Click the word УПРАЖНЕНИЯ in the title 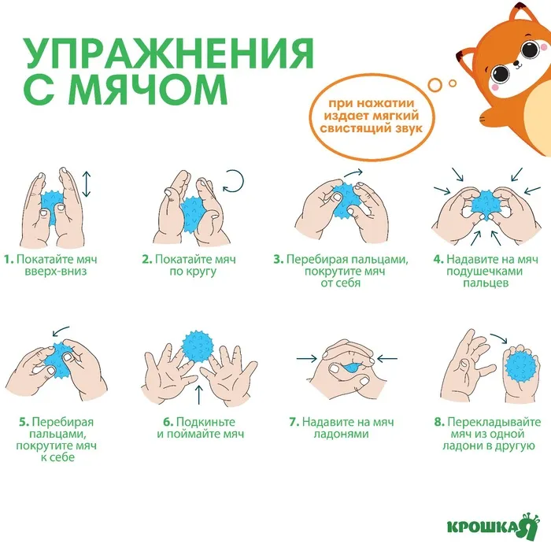tap(169, 53)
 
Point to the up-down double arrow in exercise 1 tap(87, 184)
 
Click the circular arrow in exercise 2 tap(233, 181)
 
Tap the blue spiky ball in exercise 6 tap(198, 346)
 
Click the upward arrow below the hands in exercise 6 tap(199, 394)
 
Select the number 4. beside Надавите tap(438, 259)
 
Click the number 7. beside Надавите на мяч tap(294, 422)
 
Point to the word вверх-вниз tap(56, 272)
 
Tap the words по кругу tap(193, 272)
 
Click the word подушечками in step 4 tap(485, 272)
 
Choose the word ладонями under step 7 tap(341, 434)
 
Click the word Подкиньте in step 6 tap(205, 422)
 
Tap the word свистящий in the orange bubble tap(354, 128)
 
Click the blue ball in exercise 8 tap(523, 370)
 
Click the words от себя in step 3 tap(341, 283)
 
